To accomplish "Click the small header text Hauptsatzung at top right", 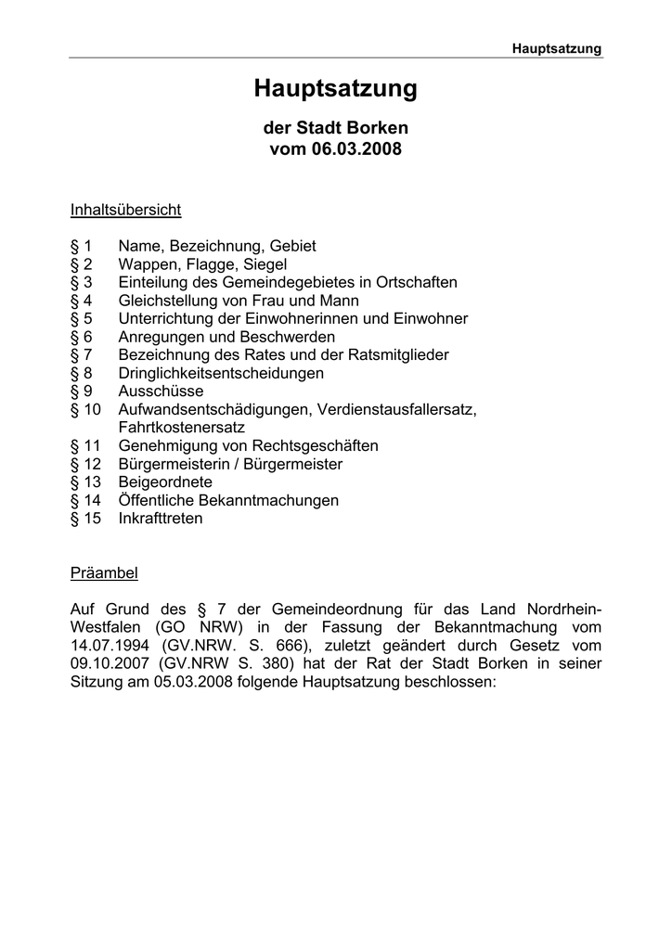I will [x=557, y=48].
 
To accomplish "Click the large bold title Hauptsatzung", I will [x=336, y=90].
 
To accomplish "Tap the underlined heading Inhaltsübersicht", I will [x=125, y=210].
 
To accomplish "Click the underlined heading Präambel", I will [x=104, y=573].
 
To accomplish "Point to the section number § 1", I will [x=82, y=246].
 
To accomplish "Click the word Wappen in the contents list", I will [x=147, y=264].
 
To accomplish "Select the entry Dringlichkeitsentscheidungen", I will [x=221, y=373].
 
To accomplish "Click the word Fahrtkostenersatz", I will [x=182, y=428].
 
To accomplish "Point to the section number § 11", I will [x=85, y=445].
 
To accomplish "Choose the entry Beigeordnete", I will [x=165, y=482].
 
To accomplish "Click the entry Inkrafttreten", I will [x=161, y=519].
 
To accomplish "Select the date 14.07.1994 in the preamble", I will [x=110, y=646].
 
